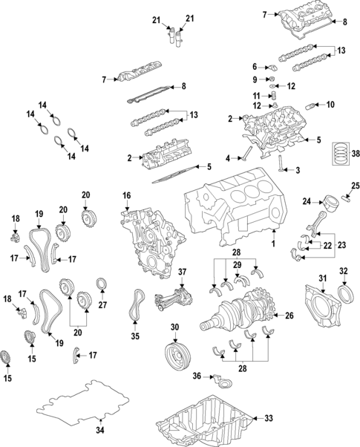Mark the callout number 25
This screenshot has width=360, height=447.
click(x=355, y=186)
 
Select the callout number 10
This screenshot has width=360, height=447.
click(x=330, y=104)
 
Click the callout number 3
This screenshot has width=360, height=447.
click(x=298, y=171)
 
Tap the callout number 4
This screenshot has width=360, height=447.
click(x=229, y=157)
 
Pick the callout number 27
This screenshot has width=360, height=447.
click(x=102, y=304)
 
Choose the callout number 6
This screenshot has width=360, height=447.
click(x=253, y=65)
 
